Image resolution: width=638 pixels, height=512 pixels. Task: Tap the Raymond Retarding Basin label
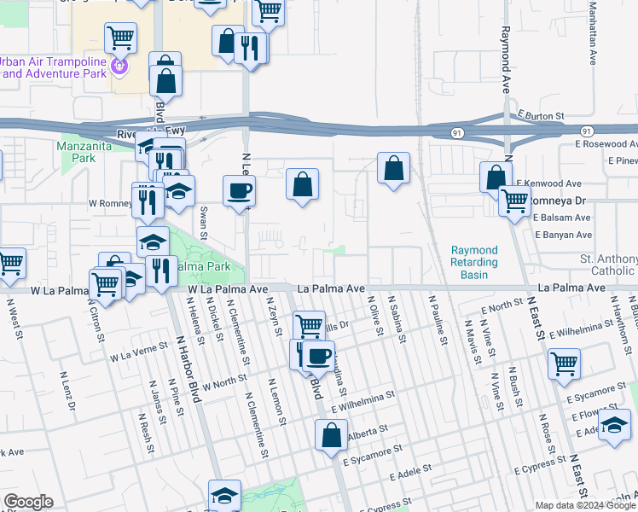point(474,263)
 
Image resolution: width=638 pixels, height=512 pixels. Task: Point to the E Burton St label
point(541,115)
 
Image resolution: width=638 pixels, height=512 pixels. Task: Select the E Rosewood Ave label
point(605,144)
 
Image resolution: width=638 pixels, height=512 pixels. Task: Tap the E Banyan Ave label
point(563,234)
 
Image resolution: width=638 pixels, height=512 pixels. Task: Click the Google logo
point(28,502)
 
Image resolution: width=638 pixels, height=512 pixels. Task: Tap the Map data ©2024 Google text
point(584,505)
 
